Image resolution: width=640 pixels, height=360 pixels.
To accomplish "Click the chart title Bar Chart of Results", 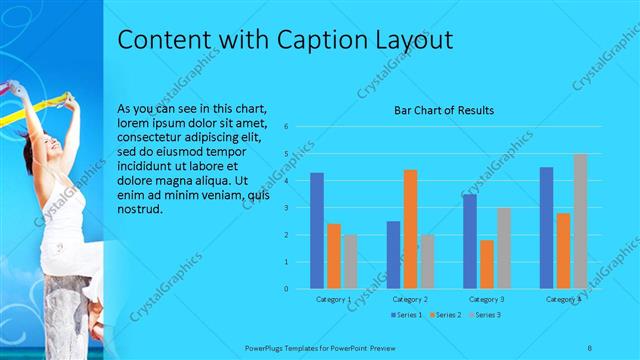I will pyautogui.click(x=443, y=110).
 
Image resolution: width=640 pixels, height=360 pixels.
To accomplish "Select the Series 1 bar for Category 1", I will pyautogui.click(x=317, y=230).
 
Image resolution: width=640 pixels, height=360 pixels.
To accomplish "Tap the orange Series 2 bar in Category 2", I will pyautogui.click(x=410, y=229).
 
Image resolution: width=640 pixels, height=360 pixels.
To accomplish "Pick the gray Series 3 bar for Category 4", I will pyautogui.click(x=580, y=221).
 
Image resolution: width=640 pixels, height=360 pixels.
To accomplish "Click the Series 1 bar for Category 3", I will pyautogui.click(x=470, y=241).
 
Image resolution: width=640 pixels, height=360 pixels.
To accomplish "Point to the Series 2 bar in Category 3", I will pyautogui.click(x=487, y=264).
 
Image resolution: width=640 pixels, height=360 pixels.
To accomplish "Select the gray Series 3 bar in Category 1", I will pyautogui.click(x=350, y=261).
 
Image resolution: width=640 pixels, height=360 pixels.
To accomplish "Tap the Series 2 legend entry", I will pyautogui.click(x=444, y=315).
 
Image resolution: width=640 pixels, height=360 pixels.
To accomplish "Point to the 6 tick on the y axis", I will pyautogui.click(x=286, y=127).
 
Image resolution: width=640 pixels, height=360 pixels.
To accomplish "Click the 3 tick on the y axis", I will pyautogui.click(x=286, y=208).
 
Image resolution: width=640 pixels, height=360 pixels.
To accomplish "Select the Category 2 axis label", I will pyautogui.click(x=410, y=299).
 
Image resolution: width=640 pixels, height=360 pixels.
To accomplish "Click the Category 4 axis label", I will pyautogui.click(x=563, y=299).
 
